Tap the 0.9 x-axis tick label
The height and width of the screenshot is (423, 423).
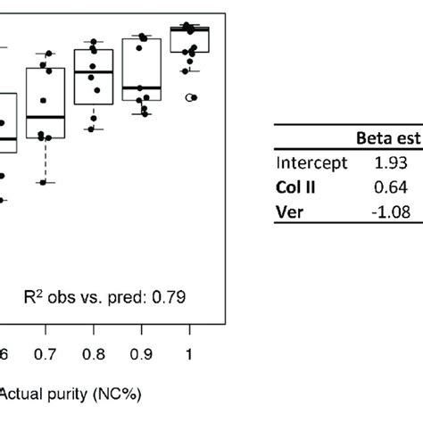141,354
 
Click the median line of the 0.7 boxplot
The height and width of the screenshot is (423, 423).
46,117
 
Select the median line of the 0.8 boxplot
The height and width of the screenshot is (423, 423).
94,71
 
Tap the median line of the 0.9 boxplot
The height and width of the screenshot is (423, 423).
141,87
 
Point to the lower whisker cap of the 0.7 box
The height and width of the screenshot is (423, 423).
46,183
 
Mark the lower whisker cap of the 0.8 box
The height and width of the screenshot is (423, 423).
94,129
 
